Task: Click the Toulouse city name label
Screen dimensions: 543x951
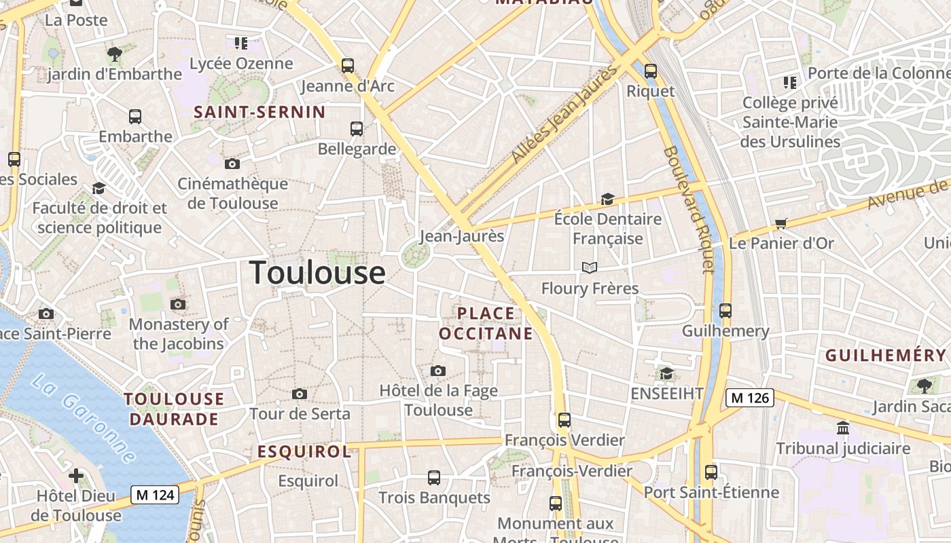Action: pyautogui.click(x=318, y=273)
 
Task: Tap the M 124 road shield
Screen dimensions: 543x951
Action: pyautogui.click(x=155, y=495)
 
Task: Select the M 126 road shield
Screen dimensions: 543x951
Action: pyautogui.click(x=750, y=398)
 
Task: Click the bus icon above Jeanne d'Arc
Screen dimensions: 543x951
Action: pyautogui.click(x=348, y=66)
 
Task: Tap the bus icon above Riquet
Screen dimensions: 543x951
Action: pyautogui.click(x=651, y=71)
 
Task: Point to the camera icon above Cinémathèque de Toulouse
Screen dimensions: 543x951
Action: pyautogui.click(x=232, y=164)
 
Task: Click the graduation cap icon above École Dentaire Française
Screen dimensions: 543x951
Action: pyautogui.click(x=607, y=199)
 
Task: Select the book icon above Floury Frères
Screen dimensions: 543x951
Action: pyautogui.click(x=590, y=268)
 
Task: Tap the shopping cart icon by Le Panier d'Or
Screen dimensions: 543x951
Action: pyautogui.click(x=781, y=223)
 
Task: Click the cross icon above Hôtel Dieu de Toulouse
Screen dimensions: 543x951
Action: pyautogui.click(x=76, y=476)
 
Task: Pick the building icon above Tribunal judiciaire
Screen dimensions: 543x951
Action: pyautogui.click(x=843, y=428)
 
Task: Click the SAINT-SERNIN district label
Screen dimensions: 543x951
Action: pyautogui.click(x=260, y=112)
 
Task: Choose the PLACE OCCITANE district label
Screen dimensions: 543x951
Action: pyautogui.click(x=486, y=323)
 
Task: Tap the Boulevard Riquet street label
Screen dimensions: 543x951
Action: pyautogui.click(x=689, y=210)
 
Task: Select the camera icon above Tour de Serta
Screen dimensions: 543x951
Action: pyautogui.click(x=300, y=394)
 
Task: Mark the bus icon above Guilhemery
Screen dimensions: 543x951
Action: pyautogui.click(x=725, y=311)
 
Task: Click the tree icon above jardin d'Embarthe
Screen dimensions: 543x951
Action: pyautogui.click(x=115, y=54)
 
